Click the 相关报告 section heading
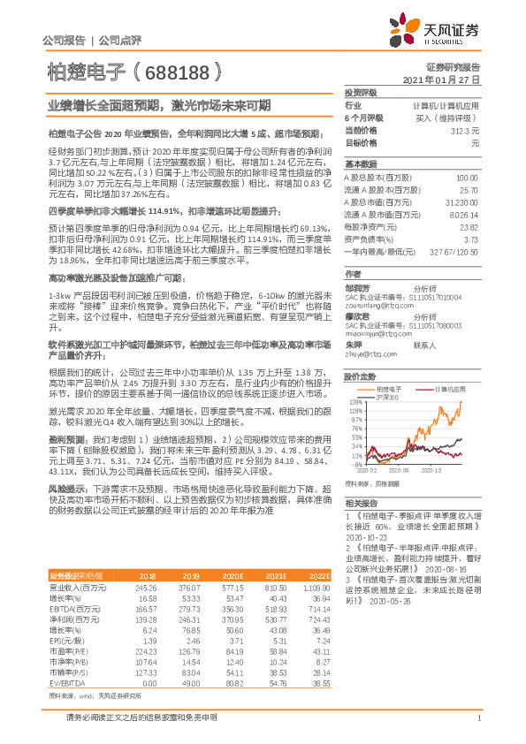click(x=359, y=501)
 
